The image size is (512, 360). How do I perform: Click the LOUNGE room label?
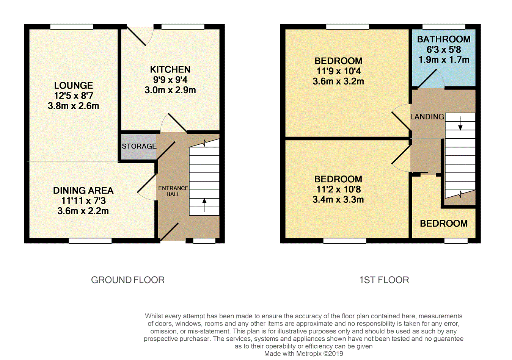pos(73,85)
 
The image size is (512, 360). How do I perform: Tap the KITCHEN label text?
pos(170,69)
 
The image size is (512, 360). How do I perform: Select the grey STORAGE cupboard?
pos(139,146)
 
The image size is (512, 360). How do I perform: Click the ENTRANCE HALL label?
pos(173,191)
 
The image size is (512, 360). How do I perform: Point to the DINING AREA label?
pos(83,191)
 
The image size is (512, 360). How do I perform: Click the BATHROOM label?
pos(444,39)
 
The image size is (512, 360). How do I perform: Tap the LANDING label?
pos(427,117)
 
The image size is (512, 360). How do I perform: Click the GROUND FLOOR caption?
pos(128,280)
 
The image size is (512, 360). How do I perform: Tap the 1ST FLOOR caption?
pos(384,280)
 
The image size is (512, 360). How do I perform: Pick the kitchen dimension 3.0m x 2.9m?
pos(170,90)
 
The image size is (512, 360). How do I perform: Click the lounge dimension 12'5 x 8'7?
pos(73,96)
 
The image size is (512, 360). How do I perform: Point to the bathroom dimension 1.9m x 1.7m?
pos(444,60)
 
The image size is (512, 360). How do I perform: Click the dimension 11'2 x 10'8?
pos(338,189)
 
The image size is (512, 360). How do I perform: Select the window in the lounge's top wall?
pos(72,27)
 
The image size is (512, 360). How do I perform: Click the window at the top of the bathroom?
pos(444,27)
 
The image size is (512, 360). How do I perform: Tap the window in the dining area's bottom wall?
pos(90,241)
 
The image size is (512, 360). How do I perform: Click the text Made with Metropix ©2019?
pos(303,354)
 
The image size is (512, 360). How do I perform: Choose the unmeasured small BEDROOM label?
pos(444,224)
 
